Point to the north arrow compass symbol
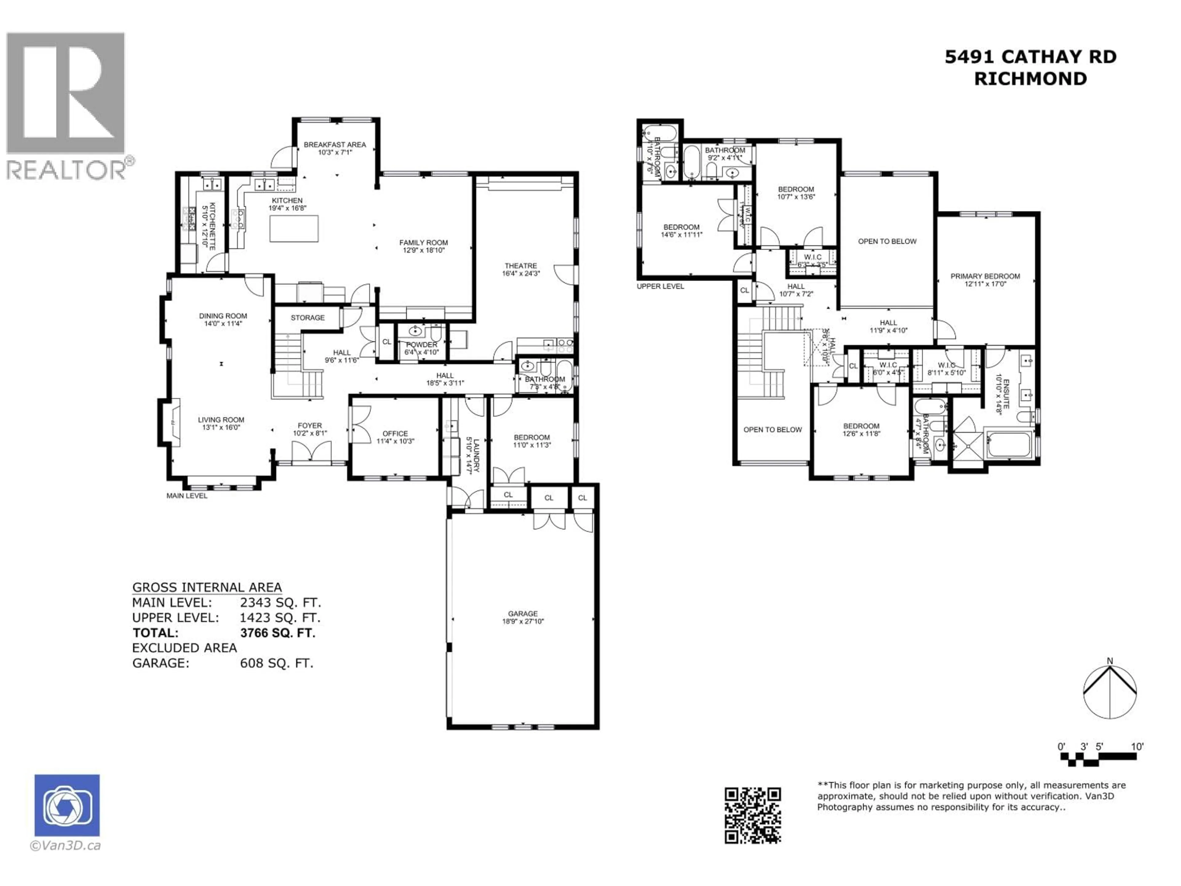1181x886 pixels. pyautogui.click(x=1109, y=691)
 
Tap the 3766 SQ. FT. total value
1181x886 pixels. pyautogui.click(x=278, y=633)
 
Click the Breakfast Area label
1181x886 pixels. pyautogui.click(x=335, y=145)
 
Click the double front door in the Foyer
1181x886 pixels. pyautogui.click(x=311, y=452)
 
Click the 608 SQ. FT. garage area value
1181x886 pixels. pyautogui.click(x=276, y=663)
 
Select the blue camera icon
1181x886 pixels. pyautogui.click(x=67, y=805)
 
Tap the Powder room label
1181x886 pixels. pyautogui.click(x=421, y=345)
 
